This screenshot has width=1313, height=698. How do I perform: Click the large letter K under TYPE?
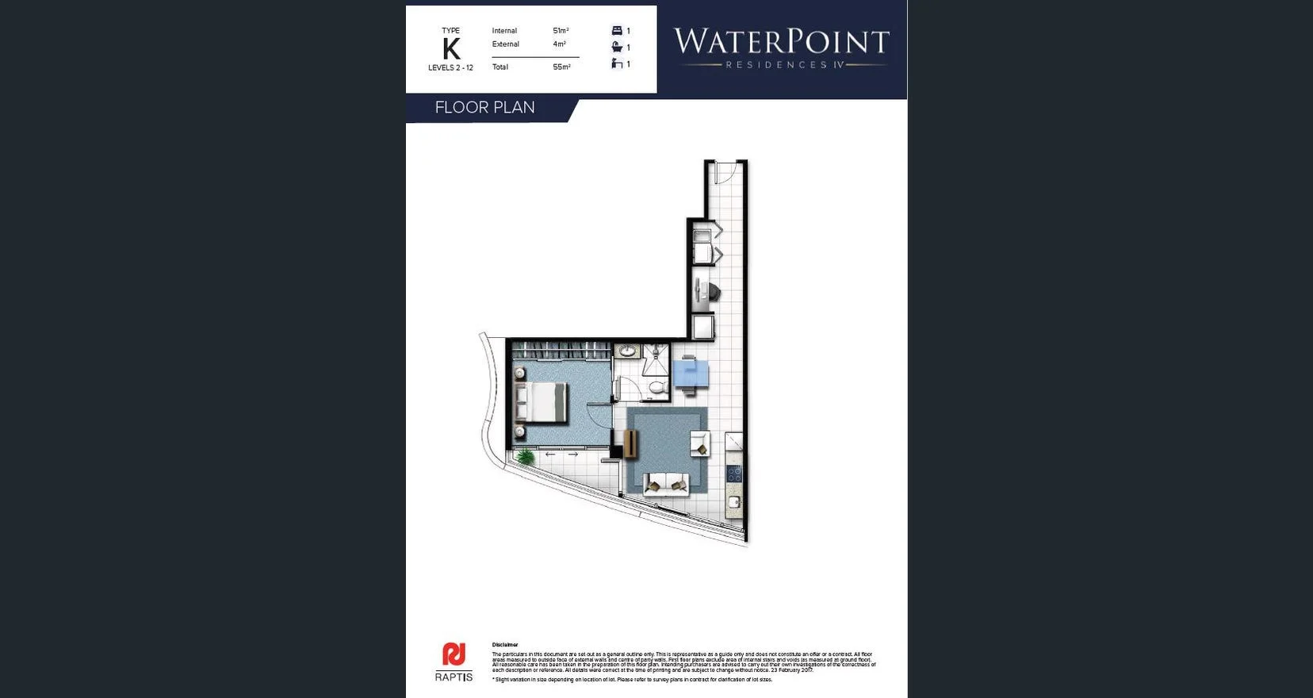pyautogui.click(x=451, y=49)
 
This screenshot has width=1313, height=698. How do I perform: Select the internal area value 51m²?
pyautogui.click(x=561, y=31)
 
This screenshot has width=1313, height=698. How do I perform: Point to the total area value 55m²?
pyautogui.click(x=561, y=67)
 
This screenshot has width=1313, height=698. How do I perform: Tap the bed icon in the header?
pyautogui.click(x=617, y=31)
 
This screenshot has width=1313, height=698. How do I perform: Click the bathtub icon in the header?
pyautogui.click(x=617, y=48)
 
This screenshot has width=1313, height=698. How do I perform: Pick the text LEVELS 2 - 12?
pyautogui.click(x=450, y=68)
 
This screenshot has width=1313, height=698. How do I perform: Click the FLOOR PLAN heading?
pyautogui.click(x=484, y=108)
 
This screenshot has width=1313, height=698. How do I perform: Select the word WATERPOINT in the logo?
pyautogui.click(x=781, y=41)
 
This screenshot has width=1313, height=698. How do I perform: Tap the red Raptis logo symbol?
pyautogui.click(x=454, y=655)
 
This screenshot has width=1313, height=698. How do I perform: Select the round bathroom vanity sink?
pyautogui.click(x=628, y=351)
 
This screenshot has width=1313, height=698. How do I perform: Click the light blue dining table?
pyautogui.click(x=691, y=373)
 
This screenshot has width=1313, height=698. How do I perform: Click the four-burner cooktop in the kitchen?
pyautogui.click(x=734, y=474)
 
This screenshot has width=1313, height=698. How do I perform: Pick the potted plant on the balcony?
pyautogui.click(x=525, y=456)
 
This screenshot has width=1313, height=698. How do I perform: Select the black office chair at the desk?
pyautogui.click(x=713, y=292)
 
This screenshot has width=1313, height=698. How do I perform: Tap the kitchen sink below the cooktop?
pyautogui.click(x=734, y=502)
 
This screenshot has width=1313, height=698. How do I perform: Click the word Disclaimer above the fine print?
pyautogui.click(x=505, y=645)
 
